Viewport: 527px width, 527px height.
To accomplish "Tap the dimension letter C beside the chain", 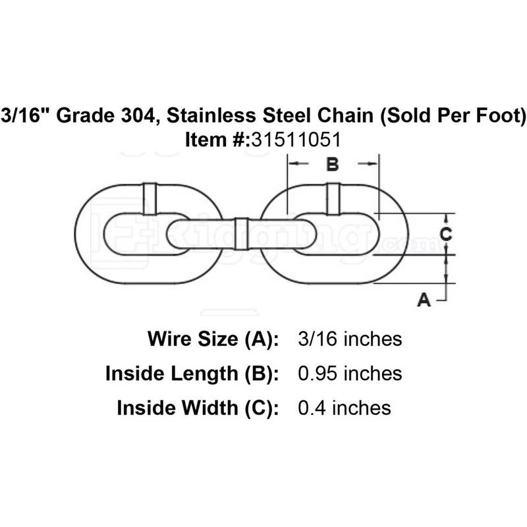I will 445,234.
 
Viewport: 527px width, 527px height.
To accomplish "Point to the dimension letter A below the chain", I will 425,300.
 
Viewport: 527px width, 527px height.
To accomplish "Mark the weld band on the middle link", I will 241,233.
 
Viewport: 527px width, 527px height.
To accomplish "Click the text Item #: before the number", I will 211,139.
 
